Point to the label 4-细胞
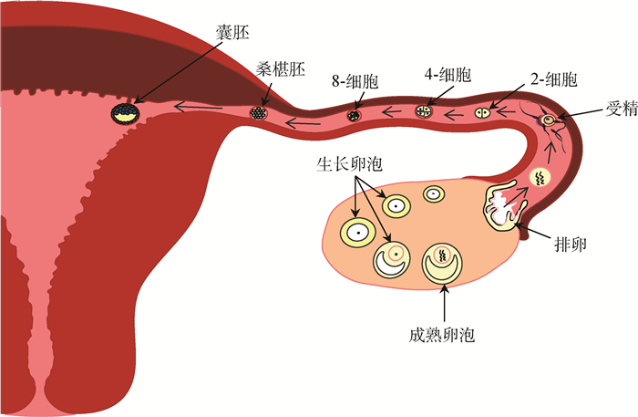(x=444, y=72)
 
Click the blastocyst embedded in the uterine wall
(x=125, y=113)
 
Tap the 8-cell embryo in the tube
(x=354, y=116)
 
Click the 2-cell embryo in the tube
(x=484, y=112)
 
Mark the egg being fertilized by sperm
(x=549, y=120)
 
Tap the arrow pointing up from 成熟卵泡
(x=444, y=300)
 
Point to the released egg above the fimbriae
(x=540, y=178)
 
